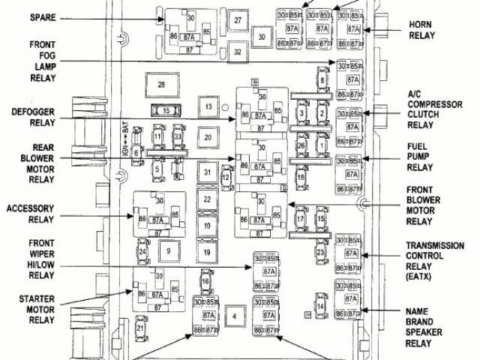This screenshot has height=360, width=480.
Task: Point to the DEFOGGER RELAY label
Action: pos(31,118)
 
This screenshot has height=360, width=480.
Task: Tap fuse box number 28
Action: pos(160,85)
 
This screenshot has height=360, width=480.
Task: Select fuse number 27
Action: pos(237,20)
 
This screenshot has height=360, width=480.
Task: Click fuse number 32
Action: pos(237,52)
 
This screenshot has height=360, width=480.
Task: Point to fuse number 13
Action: pos(208,108)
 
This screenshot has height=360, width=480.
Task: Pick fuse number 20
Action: pos(208,138)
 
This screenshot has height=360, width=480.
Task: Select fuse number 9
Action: pos(169,251)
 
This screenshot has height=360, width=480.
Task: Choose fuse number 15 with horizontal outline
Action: pos(165,111)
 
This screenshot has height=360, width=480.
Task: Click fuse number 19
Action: pos(207,251)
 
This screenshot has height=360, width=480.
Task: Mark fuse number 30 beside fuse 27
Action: pos(262,36)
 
